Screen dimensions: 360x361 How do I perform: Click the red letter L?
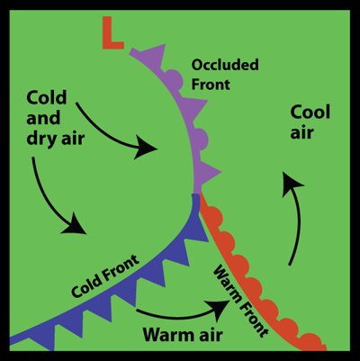coord(112,32)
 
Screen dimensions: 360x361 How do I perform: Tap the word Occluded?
coord(225,65)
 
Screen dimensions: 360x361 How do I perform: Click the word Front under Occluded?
coord(211,85)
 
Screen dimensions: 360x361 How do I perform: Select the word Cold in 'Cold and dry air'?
coord(47,97)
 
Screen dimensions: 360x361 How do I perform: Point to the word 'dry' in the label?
coord(41,139)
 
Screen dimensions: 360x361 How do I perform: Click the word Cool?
coord(310,113)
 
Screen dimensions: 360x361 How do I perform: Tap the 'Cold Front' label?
coord(105,276)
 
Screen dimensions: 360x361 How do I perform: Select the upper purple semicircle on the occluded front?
coord(175,79)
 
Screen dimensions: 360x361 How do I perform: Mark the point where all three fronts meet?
coord(196,194)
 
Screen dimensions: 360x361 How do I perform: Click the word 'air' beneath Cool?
coord(301,132)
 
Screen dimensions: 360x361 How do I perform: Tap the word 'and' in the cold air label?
coord(43,118)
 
